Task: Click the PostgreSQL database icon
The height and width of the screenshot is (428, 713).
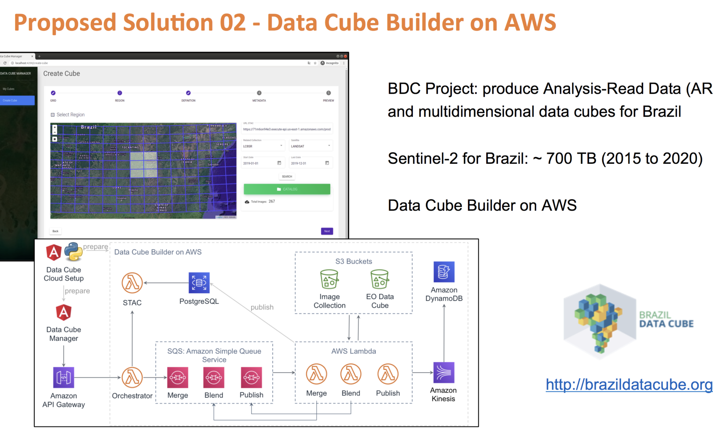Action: point(199,283)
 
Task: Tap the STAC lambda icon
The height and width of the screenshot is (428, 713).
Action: point(132,283)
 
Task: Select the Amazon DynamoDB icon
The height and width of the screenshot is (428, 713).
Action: point(444,272)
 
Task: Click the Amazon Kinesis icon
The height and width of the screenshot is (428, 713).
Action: point(444,373)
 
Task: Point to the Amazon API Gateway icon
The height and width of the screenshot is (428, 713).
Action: point(63,377)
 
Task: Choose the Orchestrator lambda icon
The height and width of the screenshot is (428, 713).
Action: point(132,377)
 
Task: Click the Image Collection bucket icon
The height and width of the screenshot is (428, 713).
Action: point(329,279)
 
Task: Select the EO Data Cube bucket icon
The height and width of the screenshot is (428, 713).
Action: point(380,279)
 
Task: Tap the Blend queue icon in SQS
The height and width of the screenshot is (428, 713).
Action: point(214,377)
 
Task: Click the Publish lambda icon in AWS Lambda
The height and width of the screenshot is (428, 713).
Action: point(388,374)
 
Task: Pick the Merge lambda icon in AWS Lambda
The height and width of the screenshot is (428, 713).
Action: point(317,374)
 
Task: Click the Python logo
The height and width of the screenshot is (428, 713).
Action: point(73,251)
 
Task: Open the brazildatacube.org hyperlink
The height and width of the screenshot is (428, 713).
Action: point(629,384)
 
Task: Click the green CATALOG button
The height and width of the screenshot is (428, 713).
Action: point(287,189)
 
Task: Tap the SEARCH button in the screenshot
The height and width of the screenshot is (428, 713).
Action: point(287,177)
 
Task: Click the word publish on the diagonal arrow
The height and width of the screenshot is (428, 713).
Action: point(262,307)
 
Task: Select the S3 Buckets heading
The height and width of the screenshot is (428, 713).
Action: point(354,261)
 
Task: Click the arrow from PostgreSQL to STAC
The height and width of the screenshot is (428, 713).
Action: point(166,283)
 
